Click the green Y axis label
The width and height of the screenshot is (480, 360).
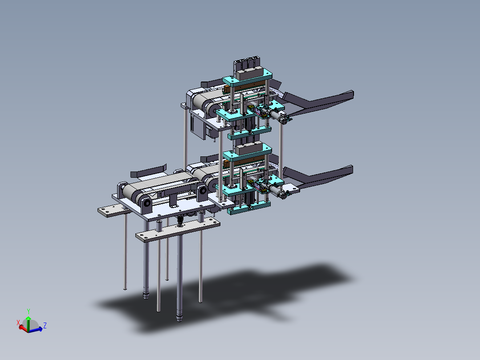pos(28,311)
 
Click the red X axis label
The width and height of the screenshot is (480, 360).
pos(18,322)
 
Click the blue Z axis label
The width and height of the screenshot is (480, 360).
pos(45,325)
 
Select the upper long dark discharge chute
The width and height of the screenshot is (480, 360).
pos(318,101)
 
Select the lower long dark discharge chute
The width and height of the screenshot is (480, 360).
pos(318,176)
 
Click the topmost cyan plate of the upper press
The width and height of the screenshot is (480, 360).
pos(248,78)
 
